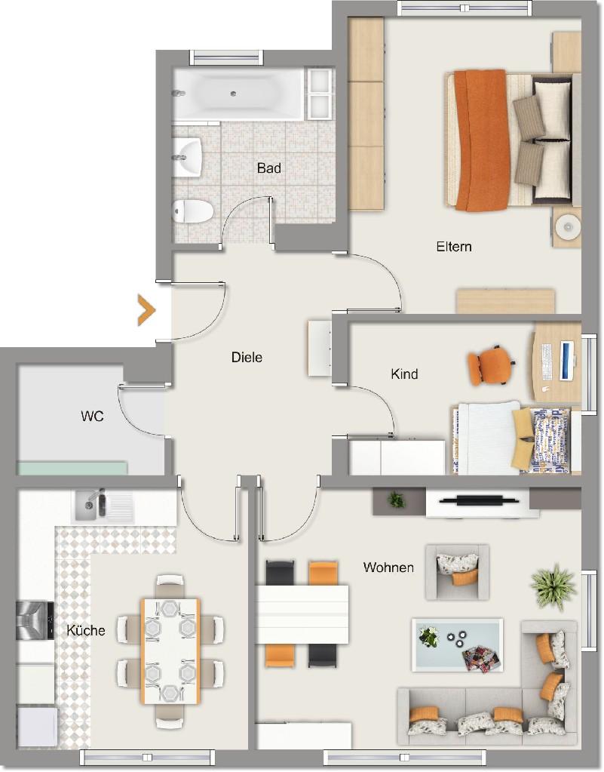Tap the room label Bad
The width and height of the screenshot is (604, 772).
tap(269, 168)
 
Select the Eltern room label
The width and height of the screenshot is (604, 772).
tap(454, 247)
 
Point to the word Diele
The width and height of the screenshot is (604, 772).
tap(247, 358)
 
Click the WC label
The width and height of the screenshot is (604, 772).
tap(93, 417)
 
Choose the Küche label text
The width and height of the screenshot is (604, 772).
tap(86, 630)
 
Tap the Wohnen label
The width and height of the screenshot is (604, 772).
tap(388, 567)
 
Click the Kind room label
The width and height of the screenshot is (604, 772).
tap(404, 374)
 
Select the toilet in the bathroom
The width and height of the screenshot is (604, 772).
tap(192, 211)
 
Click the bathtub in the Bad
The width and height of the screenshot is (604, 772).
tap(238, 94)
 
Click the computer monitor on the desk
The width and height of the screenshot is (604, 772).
tap(566, 361)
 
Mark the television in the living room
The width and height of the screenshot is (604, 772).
tap(479, 501)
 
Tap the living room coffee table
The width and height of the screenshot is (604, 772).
tap(458, 645)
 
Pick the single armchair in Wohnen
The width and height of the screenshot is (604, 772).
tap(457, 571)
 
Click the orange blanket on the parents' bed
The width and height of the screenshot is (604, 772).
tap(480, 140)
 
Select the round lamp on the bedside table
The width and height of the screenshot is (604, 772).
tap(568, 227)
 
